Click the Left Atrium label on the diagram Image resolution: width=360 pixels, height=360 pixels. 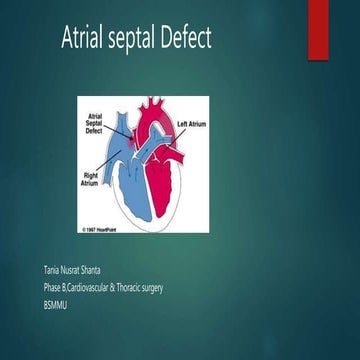pyautogui.click(x=195, y=124)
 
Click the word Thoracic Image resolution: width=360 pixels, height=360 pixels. pyautogui.click(x=149, y=288)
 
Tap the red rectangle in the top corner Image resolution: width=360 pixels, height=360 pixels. pyautogui.click(x=346, y=25)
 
